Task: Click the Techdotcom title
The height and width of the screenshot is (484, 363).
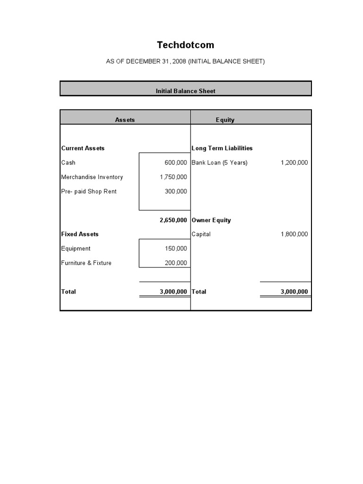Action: click(x=185, y=45)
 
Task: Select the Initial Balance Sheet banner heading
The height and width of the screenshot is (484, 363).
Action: click(x=185, y=91)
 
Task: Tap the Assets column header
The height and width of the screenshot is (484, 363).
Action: click(x=125, y=120)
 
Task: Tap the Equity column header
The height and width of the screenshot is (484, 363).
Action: click(x=225, y=120)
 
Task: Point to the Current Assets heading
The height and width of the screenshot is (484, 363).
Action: click(x=83, y=148)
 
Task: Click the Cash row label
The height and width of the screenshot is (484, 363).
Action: click(x=68, y=163)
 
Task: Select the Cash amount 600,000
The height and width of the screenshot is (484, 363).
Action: click(x=176, y=163)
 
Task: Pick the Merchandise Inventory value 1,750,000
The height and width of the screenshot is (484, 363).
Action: click(x=173, y=177)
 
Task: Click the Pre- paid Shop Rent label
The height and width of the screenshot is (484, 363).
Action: click(x=88, y=191)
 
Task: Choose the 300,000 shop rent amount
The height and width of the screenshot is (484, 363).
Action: click(x=176, y=191)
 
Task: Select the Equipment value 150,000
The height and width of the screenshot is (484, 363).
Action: click(x=176, y=249)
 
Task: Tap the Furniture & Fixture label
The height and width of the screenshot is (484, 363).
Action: click(x=86, y=263)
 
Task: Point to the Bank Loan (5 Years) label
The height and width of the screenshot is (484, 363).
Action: click(x=219, y=163)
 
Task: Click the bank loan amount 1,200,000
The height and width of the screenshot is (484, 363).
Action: click(x=294, y=163)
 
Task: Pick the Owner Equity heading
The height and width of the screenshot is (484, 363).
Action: click(x=211, y=220)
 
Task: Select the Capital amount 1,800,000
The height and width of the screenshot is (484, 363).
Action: click(x=294, y=234)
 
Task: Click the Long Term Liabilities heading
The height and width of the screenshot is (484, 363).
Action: click(x=222, y=148)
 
